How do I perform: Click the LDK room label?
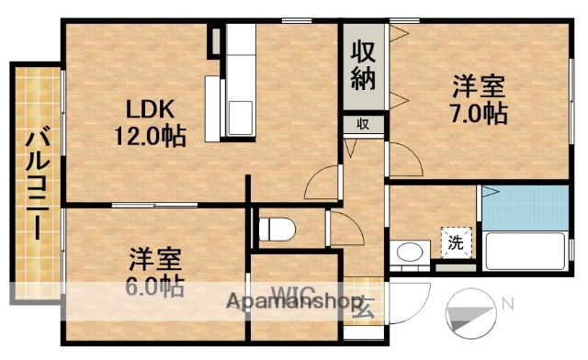[x=145, y=109]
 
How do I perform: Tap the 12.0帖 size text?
[x=149, y=136]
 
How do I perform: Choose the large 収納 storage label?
[x=364, y=63]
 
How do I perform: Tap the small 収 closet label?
[x=364, y=124]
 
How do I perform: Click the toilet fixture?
[x=276, y=227]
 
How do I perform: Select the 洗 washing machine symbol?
[x=455, y=242]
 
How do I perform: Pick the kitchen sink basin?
[x=242, y=117]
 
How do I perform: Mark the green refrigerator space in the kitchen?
[x=214, y=39]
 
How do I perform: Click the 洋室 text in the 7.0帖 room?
[x=478, y=88]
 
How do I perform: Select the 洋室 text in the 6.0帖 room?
[x=154, y=258]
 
